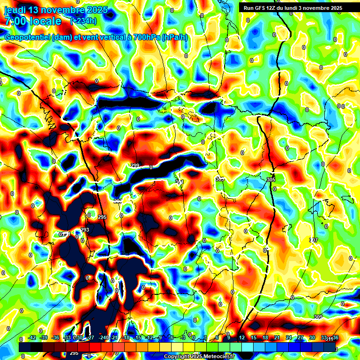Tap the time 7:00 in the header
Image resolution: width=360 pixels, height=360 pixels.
tap(16, 21)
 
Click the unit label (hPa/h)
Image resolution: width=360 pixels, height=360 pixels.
tap(174, 37)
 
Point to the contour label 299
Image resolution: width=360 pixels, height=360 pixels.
tap(135, 165)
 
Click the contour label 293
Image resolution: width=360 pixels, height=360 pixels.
tap(85, 229)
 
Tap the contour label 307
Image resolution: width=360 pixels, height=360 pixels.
tap(314, 240)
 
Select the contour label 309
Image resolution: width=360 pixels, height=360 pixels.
tap(318, 317)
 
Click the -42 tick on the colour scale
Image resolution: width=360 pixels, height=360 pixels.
tap(32, 337)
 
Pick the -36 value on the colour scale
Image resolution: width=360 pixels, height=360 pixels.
tap(55, 337)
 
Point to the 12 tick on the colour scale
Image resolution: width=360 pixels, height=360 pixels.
tap(241, 337)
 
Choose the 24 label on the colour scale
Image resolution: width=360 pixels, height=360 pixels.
tap(288, 337)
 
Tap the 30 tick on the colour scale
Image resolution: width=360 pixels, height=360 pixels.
tap(312, 337)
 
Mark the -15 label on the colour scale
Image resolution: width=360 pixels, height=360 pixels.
tap(138, 337)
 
